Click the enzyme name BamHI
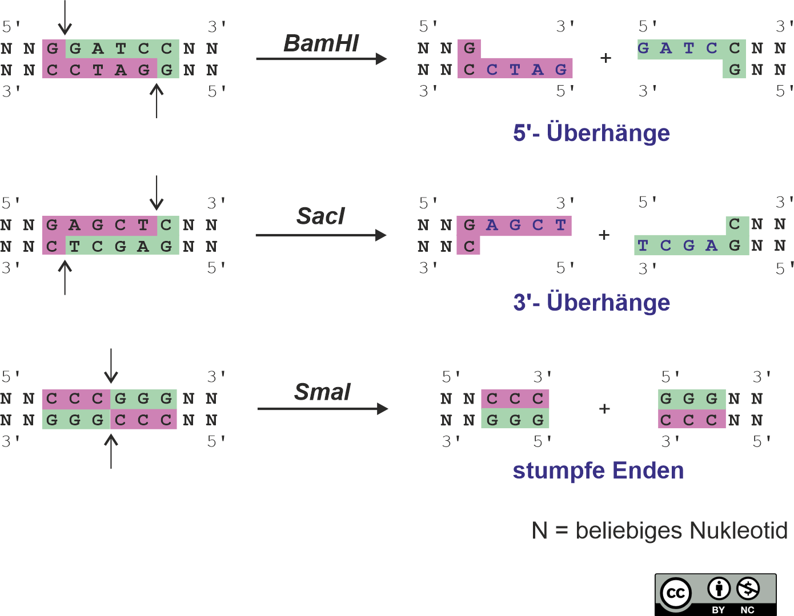point(321,43)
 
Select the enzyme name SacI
point(320,216)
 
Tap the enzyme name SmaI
point(322,392)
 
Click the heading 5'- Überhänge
point(591,133)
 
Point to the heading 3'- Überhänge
point(591,303)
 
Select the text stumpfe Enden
point(598,471)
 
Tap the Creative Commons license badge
point(715,594)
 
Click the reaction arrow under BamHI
point(321,58)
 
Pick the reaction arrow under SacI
point(321,235)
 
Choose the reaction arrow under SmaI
point(323,409)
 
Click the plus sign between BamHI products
point(606,58)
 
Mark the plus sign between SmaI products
point(604,409)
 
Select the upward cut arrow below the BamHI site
point(157,101)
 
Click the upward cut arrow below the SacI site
point(65,277)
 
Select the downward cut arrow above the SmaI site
point(111,366)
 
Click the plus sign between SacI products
point(604,235)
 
